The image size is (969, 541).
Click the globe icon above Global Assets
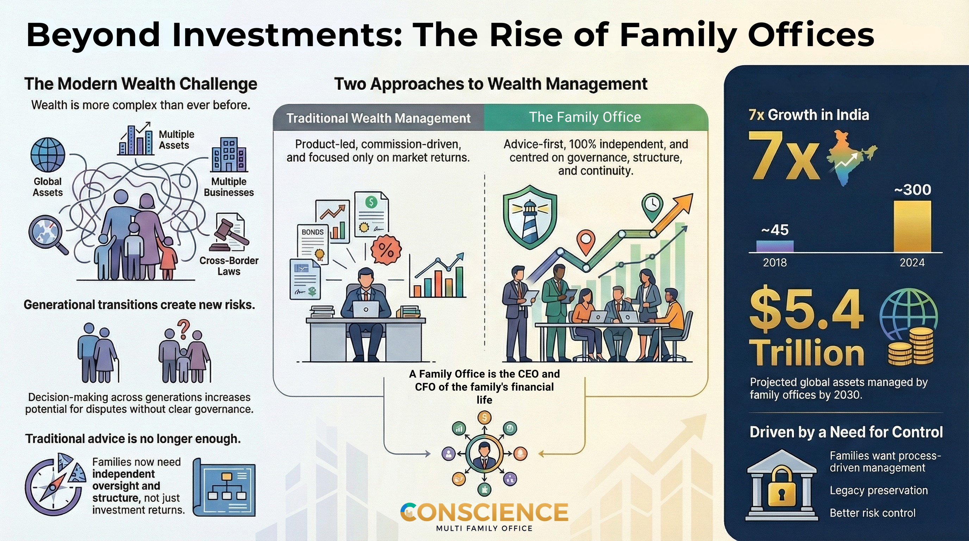48,155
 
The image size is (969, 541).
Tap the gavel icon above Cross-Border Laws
229,232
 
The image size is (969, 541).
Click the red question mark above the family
183,328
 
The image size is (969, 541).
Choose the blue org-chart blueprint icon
225,487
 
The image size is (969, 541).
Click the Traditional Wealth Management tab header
378,118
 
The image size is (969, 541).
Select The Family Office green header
585,117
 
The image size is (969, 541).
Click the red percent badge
386,249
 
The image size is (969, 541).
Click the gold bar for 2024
912,226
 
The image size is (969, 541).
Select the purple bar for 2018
775,246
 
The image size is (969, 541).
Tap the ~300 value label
913,189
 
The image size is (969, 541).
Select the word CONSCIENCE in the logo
484,512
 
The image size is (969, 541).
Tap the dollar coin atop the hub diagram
484,417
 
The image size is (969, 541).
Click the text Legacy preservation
879,491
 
